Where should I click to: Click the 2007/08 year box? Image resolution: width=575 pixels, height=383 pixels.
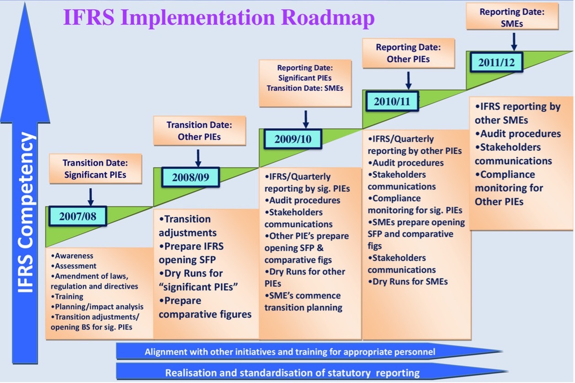[78, 216]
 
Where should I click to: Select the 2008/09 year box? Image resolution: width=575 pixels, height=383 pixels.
[191, 177]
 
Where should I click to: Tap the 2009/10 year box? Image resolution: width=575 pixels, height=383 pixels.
[293, 139]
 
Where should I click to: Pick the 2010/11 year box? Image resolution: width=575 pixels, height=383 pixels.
[392, 101]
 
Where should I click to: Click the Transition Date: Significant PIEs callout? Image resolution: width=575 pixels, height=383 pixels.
[95, 169]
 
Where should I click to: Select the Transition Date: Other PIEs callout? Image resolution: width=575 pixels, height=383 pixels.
[199, 130]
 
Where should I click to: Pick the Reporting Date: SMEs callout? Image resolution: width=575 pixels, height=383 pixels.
[512, 17]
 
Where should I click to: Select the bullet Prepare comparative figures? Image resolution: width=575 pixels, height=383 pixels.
[205, 308]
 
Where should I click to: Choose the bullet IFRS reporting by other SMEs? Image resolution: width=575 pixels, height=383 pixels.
[517, 113]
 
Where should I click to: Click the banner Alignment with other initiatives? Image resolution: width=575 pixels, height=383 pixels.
[290, 352]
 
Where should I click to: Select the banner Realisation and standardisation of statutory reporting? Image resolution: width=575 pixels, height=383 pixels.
[292, 372]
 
